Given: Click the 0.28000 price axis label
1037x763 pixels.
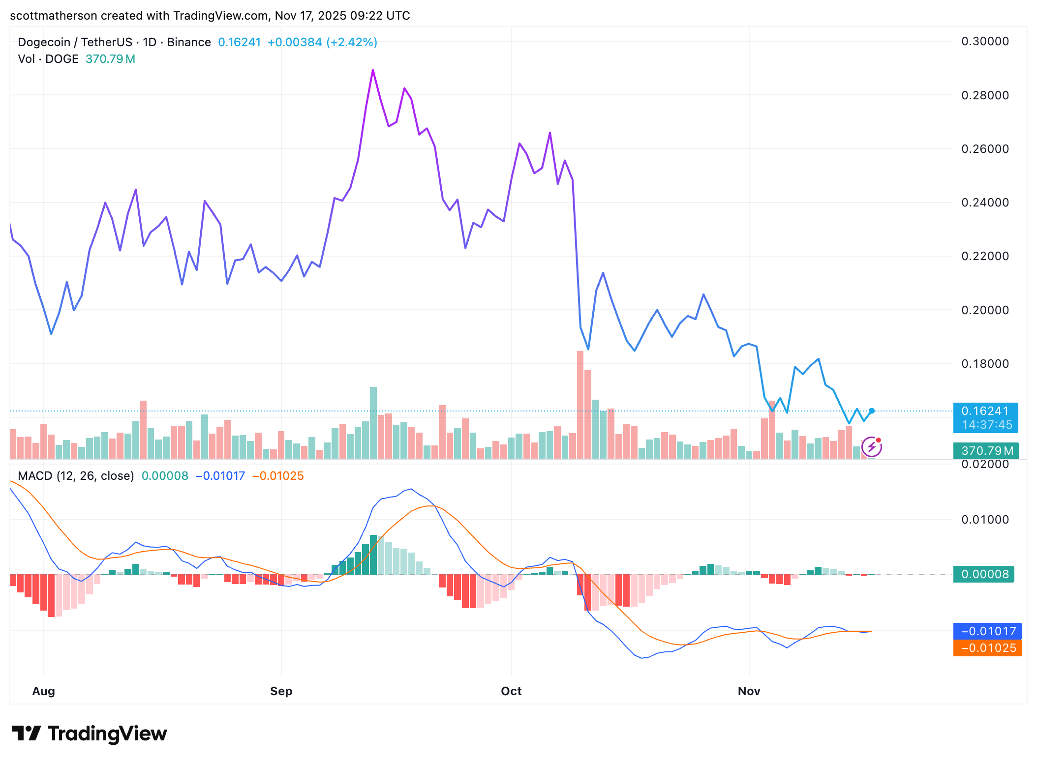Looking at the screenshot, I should point(985,95).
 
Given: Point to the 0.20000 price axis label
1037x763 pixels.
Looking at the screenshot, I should point(985,310).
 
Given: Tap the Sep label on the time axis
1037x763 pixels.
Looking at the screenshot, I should point(281,691).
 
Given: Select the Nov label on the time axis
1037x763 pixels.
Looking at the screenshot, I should point(749,691).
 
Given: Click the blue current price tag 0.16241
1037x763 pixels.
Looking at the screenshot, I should point(985,411).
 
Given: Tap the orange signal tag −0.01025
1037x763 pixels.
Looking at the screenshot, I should point(988,648).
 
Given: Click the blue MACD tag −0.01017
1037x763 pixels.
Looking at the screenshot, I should point(988,631).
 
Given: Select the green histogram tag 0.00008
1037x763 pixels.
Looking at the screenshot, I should point(984,574).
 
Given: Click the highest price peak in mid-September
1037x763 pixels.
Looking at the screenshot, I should point(373,70).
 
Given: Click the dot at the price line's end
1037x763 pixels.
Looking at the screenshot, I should point(872,411).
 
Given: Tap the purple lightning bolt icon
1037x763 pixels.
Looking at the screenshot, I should point(872,447).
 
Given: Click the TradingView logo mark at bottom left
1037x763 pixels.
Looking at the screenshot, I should point(26,733).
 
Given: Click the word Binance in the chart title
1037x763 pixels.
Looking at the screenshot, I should point(189,42).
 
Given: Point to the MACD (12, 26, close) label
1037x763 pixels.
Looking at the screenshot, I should point(76,476).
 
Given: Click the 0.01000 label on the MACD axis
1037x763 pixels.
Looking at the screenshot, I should point(985,520).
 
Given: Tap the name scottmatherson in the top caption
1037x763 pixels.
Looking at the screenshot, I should point(54,16).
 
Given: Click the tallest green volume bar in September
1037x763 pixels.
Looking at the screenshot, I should point(373,423).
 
